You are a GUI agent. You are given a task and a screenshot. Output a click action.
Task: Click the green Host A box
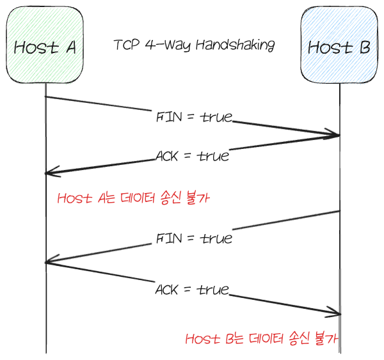coord(45,46)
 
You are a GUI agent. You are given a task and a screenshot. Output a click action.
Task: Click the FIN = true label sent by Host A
coord(193,118)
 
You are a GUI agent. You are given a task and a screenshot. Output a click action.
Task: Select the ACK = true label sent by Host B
coord(192,155)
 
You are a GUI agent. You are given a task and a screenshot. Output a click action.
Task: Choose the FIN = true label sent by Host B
coord(193,239)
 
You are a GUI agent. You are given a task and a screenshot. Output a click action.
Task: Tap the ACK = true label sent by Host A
coord(191,290)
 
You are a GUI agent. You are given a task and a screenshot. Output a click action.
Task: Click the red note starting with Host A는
coord(134,198)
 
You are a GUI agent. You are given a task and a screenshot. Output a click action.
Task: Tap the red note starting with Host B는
coord(261,339)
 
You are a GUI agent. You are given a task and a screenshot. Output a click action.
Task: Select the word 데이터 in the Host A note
coord(138,198)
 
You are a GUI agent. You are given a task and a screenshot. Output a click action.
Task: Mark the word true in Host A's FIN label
coord(216,118)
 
